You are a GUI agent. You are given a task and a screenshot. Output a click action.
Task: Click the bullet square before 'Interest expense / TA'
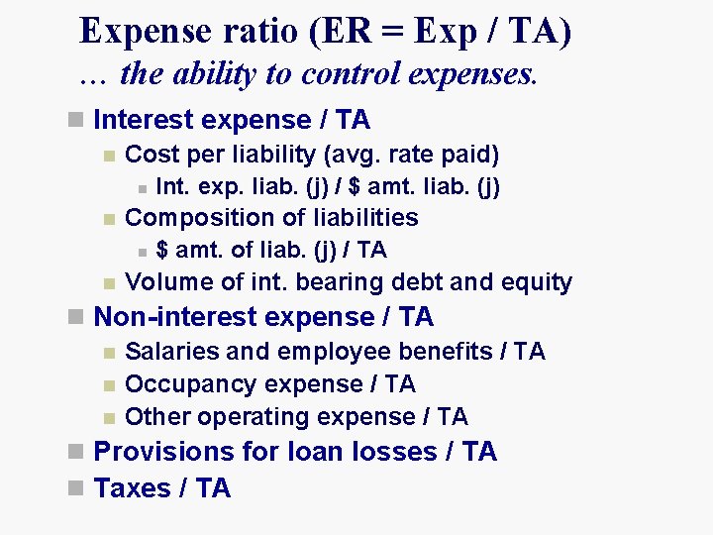(75, 121)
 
